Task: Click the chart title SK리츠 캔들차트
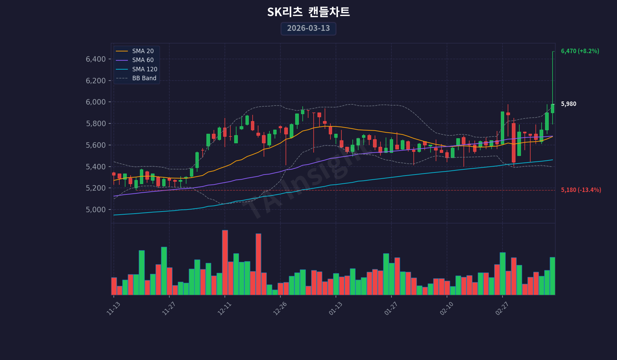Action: [x=308, y=12]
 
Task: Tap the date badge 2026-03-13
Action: [x=308, y=28]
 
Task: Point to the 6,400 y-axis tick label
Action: [x=96, y=59]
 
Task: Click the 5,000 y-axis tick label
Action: [x=96, y=209]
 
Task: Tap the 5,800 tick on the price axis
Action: [x=96, y=123]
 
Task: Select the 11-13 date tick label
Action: [x=113, y=308]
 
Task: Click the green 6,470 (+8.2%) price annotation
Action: [x=580, y=51]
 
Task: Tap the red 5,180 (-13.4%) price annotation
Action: [x=581, y=190]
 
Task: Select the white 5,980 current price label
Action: [x=569, y=104]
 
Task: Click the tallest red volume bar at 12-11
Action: [x=225, y=262]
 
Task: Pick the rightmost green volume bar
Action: [x=553, y=276]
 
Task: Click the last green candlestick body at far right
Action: [x=553, y=108]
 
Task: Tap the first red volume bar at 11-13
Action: [x=114, y=286]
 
